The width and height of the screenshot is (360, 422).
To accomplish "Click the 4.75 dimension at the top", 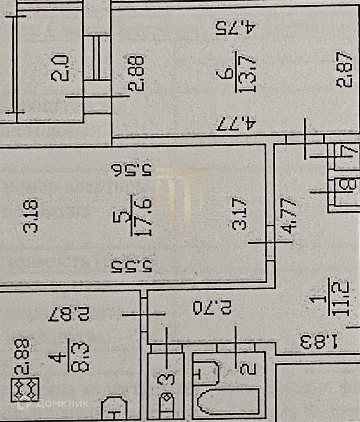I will click(x=235, y=29).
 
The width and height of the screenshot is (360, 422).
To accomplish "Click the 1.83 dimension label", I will click(x=319, y=340).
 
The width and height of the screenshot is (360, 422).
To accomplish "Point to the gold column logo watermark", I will click(x=180, y=193).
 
